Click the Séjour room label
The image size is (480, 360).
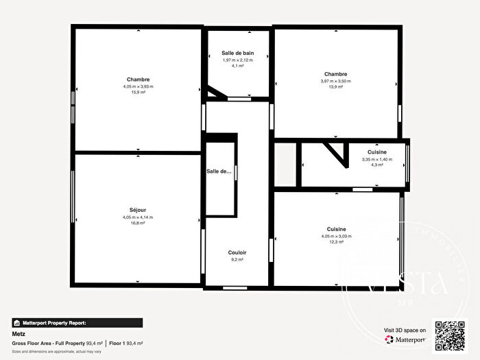pyautogui.click(x=138, y=210)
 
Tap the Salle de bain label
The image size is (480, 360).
pyautogui.click(x=237, y=53)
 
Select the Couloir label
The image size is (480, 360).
pyautogui.click(x=237, y=253)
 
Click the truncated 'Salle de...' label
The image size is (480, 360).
pyautogui.click(x=219, y=171)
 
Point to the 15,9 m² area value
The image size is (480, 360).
pyautogui.click(x=138, y=93)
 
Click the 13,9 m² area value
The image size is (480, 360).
pyautogui.click(x=335, y=87)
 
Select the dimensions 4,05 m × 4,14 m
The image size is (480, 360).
pyautogui.click(x=138, y=217)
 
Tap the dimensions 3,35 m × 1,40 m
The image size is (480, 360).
pyautogui.click(x=376, y=160)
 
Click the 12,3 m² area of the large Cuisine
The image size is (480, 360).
pyautogui.click(x=335, y=242)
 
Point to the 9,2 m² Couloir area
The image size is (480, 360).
pyautogui.click(x=237, y=260)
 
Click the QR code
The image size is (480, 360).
pyautogui.click(x=450, y=335)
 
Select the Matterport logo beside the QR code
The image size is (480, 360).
pyautogui.click(x=407, y=338)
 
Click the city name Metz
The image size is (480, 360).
pyautogui.click(x=19, y=334)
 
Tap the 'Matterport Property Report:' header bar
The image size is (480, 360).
pyautogui.click(x=77, y=322)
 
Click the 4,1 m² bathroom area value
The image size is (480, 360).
pyautogui.click(x=237, y=66)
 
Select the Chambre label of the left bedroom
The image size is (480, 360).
pyautogui.click(x=138, y=80)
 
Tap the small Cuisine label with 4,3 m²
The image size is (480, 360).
pyautogui.click(x=376, y=152)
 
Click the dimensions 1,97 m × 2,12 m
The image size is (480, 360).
pyautogui.click(x=237, y=60)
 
